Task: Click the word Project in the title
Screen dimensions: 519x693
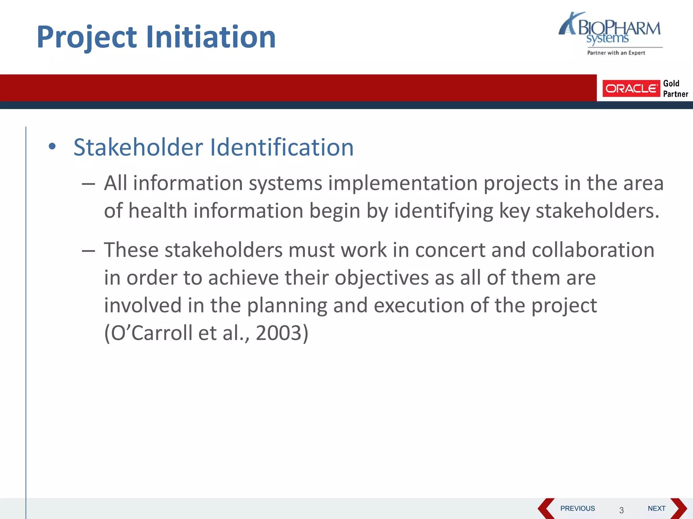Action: tap(87, 37)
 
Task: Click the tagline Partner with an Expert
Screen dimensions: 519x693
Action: tap(616, 53)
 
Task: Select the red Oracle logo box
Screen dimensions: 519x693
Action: tap(631, 89)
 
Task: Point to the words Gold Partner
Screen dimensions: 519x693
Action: tap(675, 89)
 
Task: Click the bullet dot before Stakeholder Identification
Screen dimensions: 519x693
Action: tap(52, 147)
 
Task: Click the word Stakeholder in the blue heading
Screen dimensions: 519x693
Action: tap(138, 147)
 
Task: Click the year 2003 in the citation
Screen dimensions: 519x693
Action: tap(278, 333)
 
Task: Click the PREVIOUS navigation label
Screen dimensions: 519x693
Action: tap(577, 509)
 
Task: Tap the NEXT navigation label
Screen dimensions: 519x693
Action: tap(656, 509)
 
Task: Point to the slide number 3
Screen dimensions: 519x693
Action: tap(621, 510)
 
